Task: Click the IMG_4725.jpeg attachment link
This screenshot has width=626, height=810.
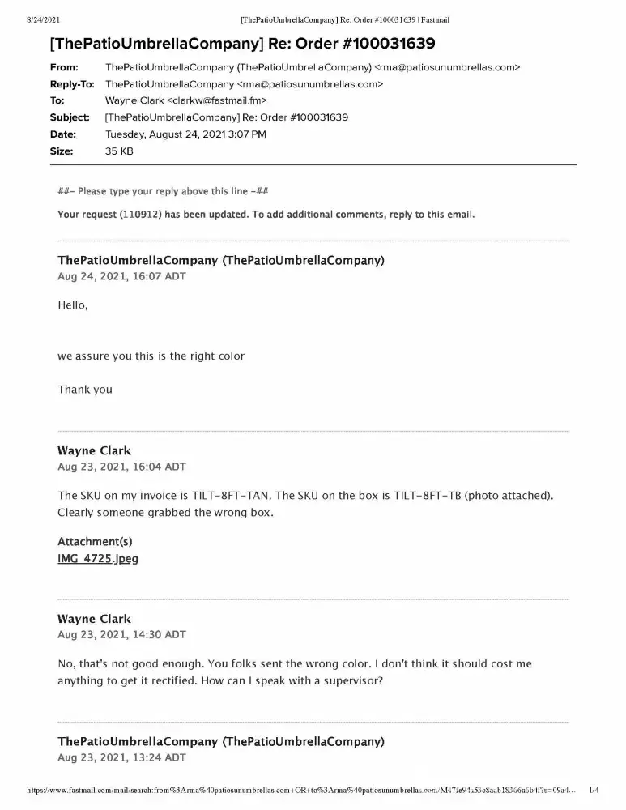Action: coord(98,559)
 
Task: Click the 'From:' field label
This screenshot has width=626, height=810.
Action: coord(64,67)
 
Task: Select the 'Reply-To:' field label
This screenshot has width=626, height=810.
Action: coord(72,84)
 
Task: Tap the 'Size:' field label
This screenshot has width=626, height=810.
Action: coord(62,151)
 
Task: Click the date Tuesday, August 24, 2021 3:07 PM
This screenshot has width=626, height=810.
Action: coord(185,134)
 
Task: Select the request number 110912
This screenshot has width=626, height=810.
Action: coord(138,215)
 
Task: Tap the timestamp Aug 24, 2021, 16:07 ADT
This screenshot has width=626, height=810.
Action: coord(121,276)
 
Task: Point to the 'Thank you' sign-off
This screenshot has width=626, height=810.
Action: coord(85,390)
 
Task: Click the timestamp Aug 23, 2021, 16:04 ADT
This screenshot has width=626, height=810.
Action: coord(121,467)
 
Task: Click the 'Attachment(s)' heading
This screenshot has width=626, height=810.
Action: coord(95,541)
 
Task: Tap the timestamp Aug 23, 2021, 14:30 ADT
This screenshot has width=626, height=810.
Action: coord(121,634)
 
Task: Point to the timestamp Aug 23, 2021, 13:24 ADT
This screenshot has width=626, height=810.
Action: coord(121,757)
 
